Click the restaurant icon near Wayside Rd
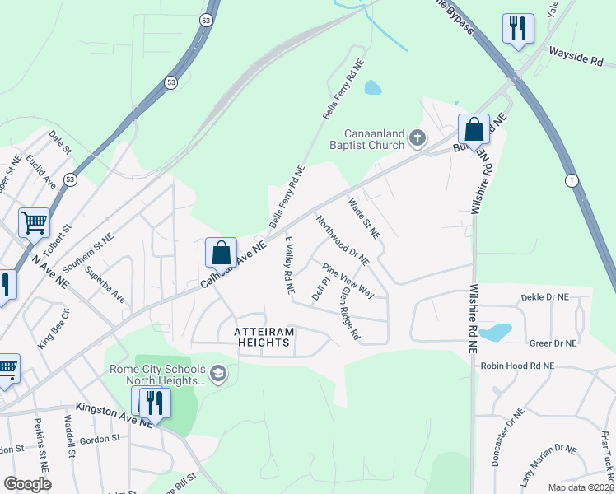tap(518, 30)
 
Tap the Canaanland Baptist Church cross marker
tap(418, 137)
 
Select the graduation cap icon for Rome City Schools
tap(217, 375)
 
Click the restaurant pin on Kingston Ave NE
tap(151, 403)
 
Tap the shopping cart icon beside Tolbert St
tap(34, 221)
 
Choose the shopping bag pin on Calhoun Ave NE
tap(221, 252)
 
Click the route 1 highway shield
tap(571, 180)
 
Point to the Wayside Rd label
tap(576, 59)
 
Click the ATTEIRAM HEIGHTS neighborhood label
tap(264, 338)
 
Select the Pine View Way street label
tap(348, 281)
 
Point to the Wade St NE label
tap(363, 217)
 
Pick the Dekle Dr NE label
tap(544, 296)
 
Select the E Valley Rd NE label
tap(289, 265)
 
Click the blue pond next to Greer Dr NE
tap(495, 333)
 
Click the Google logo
tap(27, 484)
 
